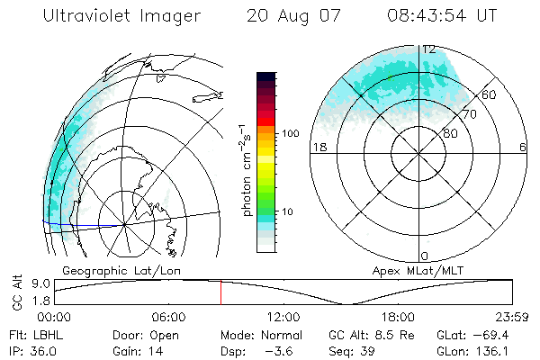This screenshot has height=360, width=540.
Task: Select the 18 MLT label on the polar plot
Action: pyautogui.click(x=319, y=147)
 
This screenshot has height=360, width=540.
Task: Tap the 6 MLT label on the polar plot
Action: pyautogui.click(x=523, y=147)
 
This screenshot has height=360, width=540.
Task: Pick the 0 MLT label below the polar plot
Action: pyautogui.click(x=425, y=256)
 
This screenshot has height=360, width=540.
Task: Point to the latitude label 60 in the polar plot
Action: pyautogui.click(x=490, y=94)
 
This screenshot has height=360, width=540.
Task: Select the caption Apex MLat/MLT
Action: pyautogui.click(x=410, y=271)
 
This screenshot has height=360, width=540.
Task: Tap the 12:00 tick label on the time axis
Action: pyautogui.click(x=283, y=317)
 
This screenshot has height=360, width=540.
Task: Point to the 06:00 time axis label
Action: pyautogui.click(x=168, y=317)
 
